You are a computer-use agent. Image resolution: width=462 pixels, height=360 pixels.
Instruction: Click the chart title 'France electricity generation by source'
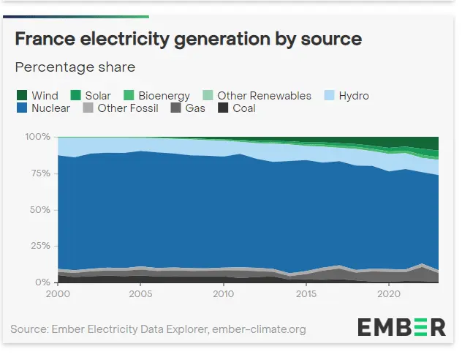189,38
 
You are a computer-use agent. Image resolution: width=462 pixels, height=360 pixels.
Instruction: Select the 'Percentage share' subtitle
75,67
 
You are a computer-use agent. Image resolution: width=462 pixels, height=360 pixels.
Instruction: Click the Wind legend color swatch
22,96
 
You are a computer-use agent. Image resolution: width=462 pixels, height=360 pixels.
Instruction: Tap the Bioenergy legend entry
156,96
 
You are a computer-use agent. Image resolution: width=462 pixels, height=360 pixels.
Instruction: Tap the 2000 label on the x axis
58,294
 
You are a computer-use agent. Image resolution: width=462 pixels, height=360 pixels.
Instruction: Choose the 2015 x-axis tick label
306,294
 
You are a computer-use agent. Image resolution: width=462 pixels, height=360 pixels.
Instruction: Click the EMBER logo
401,326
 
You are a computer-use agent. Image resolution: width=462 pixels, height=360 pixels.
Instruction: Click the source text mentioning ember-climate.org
158,329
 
